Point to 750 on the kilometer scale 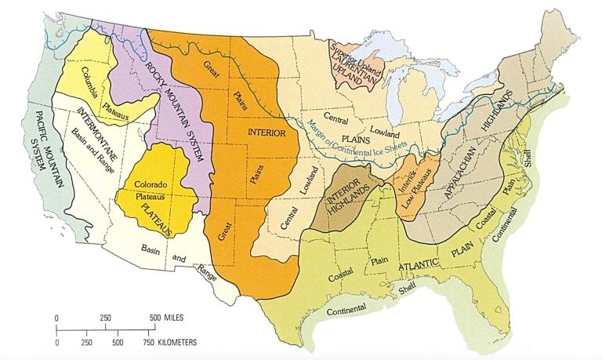click(x=147, y=344)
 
